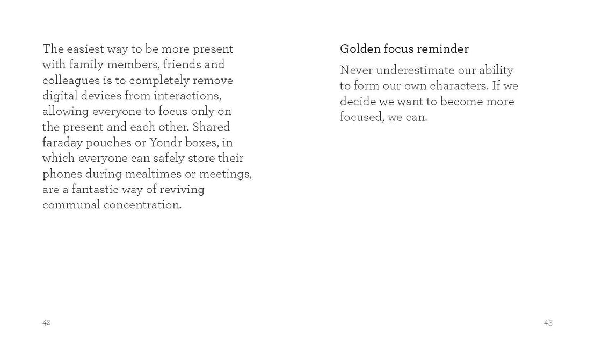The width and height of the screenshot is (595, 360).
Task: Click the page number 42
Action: pos(46,322)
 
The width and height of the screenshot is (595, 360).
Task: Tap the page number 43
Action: pos(548,323)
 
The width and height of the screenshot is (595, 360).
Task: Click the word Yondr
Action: pos(172,143)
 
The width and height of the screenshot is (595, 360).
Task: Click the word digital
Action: pos(59,96)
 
